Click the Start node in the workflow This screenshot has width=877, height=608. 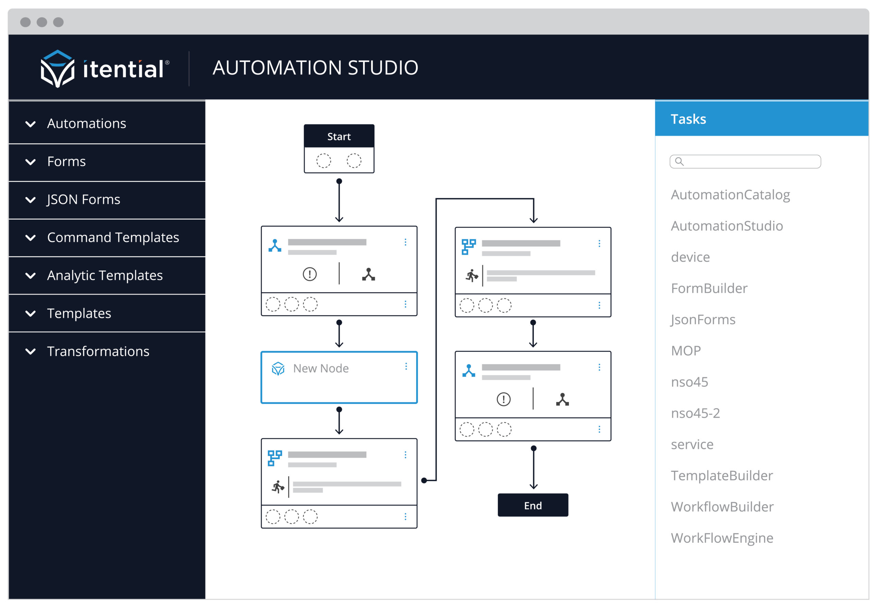click(338, 136)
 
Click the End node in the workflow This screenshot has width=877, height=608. click(532, 505)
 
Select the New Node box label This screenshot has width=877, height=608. click(321, 368)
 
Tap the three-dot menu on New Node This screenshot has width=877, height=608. click(406, 366)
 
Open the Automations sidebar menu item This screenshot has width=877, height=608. click(87, 124)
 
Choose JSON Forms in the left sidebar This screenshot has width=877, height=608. click(84, 199)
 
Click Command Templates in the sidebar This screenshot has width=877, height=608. click(113, 237)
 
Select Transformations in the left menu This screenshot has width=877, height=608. click(98, 351)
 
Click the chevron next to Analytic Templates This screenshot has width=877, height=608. click(30, 276)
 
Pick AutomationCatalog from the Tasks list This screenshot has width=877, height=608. click(730, 195)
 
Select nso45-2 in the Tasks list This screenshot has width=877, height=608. click(695, 413)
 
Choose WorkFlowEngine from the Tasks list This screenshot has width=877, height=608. click(721, 537)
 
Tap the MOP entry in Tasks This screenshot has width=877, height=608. click(685, 351)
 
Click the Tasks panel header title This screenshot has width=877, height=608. click(688, 119)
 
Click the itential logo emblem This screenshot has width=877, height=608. click(57, 68)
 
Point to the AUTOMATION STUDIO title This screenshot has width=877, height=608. click(315, 67)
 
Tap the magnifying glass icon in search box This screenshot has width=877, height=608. click(679, 162)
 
